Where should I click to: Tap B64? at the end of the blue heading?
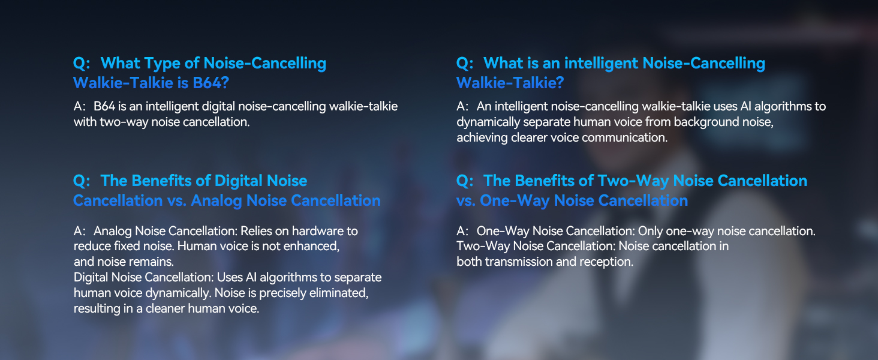click(x=211, y=83)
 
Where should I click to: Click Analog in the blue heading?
click(x=217, y=201)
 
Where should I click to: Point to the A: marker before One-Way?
click(x=463, y=231)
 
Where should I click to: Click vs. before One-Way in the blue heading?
click(x=465, y=201)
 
